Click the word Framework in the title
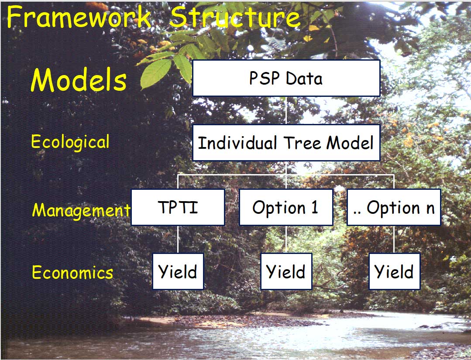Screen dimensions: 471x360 (79, 17)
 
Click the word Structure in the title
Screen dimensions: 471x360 (235, 17)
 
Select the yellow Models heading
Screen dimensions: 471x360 (79, 79)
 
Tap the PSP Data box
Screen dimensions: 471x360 (286, 78)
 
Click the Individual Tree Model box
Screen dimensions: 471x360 (286, 143)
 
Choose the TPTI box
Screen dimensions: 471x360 (178, 207)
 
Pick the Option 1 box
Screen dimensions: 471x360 (286, 207)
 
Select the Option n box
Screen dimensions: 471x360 (394, 207)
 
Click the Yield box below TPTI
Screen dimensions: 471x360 (178, 271)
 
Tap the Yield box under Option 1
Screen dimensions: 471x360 (286, 271)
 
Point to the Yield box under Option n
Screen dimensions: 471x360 (395, 271)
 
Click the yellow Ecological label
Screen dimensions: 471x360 (70, 142)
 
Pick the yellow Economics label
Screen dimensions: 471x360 (72, 272)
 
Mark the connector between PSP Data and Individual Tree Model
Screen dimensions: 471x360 (286, 110)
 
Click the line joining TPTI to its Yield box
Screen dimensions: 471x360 (178, 239)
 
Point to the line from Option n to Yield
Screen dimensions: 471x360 (394, 239)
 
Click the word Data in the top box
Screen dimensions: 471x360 (304, 79)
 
